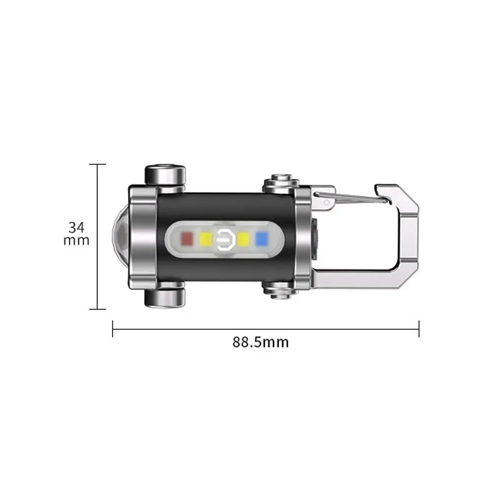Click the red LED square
click(187, 239)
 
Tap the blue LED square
click(262, 239)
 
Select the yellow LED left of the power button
click(206, 239)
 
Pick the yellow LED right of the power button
click(244, 239)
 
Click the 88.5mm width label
click(260, 342)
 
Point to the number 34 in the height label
click(76, 227)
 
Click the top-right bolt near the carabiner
click(281, 183)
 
